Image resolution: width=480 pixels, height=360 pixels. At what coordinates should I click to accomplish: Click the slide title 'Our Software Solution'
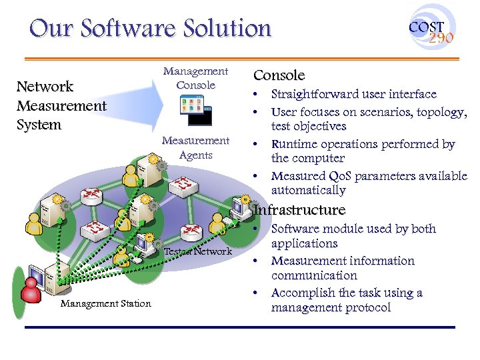151,29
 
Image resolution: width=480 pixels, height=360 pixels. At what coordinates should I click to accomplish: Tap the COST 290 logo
431,31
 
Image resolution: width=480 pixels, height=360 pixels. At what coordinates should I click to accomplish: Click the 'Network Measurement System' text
61,105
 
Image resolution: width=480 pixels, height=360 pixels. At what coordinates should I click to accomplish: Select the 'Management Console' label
195,78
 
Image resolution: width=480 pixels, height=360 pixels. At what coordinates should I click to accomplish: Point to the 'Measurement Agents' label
195,147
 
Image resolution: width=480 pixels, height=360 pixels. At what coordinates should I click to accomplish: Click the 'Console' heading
279,75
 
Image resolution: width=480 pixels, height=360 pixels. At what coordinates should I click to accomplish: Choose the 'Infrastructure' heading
300,210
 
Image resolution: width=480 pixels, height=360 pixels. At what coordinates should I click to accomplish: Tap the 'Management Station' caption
105,304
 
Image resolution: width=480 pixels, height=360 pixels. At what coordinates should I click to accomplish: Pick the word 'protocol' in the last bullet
367,307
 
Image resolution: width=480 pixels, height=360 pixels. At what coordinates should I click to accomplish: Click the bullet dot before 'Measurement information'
257,261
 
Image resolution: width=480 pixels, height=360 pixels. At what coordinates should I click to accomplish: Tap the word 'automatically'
308,191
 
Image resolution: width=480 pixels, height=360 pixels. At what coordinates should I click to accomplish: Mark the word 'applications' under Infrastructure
304,243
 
